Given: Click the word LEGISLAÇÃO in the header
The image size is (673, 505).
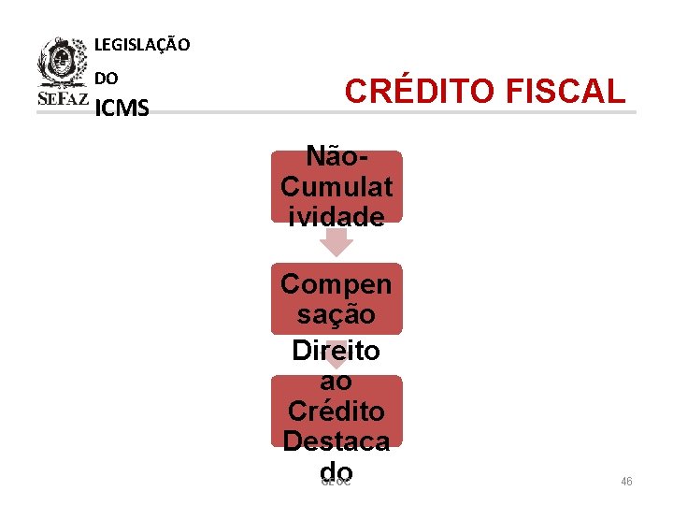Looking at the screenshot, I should point(142,44).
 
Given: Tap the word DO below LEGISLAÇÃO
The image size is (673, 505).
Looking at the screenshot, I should point(107,79).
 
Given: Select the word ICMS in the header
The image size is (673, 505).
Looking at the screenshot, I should point(122,109).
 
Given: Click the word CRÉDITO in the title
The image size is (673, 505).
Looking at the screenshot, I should point(420,92).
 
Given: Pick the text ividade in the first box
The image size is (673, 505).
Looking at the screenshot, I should point(336,217).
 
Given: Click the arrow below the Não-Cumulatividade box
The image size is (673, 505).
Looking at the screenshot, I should point(336,243).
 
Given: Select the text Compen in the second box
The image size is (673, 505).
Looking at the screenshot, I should point(336,283).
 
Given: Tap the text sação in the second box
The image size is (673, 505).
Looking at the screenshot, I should point(336,314).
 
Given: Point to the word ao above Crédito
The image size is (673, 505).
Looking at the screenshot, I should point(336,381).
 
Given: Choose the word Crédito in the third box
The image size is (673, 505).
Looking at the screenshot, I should point(336,411).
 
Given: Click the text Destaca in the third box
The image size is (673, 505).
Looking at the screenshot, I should point(336,440).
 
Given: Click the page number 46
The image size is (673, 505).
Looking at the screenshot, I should point(626,482).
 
